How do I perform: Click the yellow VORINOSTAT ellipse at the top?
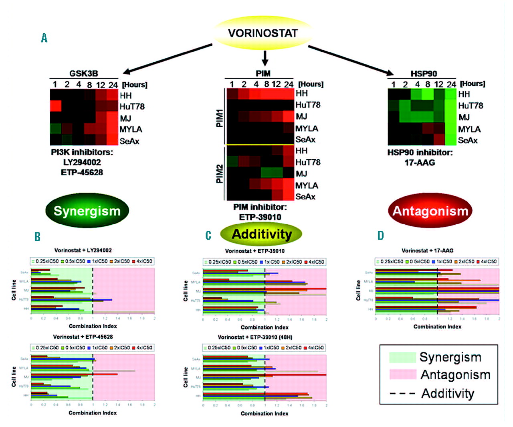tap(263, 33)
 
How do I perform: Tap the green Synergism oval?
tap(87, 211)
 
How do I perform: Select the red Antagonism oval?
tap(430, 211)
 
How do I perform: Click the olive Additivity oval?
tap(262, 234)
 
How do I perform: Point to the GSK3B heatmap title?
tap(84, 73)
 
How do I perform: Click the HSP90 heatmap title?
tap(424, 73)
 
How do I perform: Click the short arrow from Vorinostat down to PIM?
tap(265, 58)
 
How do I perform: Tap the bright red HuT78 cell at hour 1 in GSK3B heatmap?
tap(55, 106)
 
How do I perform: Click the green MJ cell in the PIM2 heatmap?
tap(272, 173)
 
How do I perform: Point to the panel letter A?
tap(44, 38)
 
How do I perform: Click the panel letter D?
tap(380, 236)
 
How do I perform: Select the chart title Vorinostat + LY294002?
tap(83, 250)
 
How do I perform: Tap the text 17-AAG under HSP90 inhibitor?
tap(420, 163)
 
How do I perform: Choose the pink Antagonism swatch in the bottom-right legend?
tap(402, 374)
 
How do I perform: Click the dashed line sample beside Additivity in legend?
tap(402, 393)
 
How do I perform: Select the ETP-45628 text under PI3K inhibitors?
tap(82, 172)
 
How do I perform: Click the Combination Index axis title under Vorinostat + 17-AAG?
tap(437, 327)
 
